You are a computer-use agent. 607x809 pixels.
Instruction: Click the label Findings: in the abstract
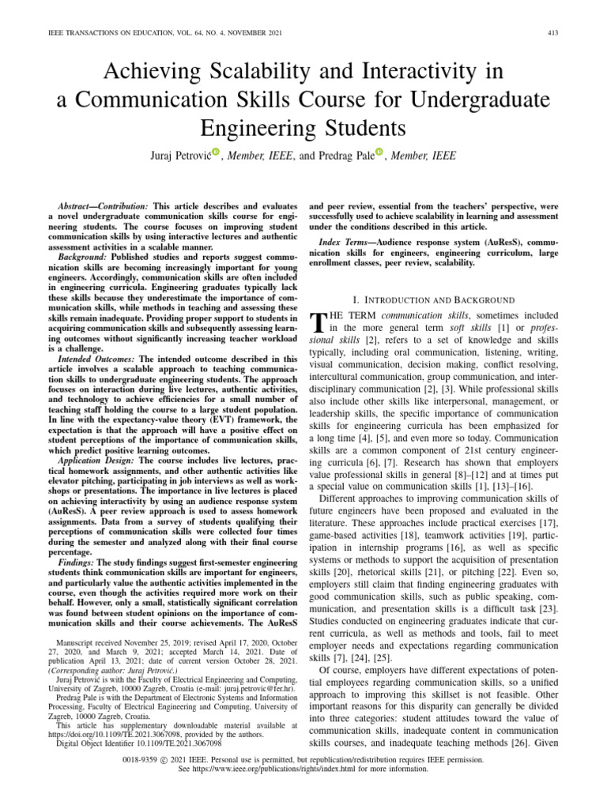pos(77,560)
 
